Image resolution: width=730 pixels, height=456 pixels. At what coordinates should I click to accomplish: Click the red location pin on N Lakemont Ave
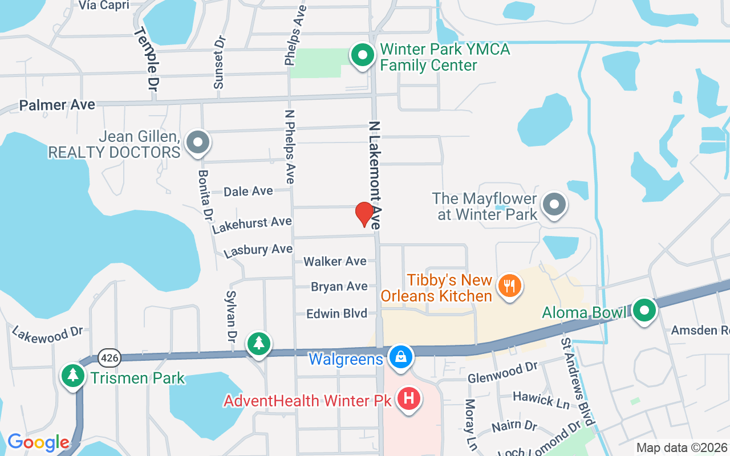click(364, 214)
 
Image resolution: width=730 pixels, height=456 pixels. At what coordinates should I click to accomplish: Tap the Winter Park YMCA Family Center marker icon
click(362, 56)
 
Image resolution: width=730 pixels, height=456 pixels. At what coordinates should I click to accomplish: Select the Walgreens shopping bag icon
click(401, 357)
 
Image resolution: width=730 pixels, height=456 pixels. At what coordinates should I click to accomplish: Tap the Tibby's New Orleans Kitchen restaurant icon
click(506, 285)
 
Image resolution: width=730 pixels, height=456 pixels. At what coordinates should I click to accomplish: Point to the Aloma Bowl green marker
click(645, 311)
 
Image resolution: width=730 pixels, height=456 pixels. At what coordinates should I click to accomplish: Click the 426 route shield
click(108, 358)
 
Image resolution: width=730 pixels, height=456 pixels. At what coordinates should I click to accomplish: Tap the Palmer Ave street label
click(57, 105)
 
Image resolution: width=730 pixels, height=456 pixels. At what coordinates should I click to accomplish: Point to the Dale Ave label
click(248, 192)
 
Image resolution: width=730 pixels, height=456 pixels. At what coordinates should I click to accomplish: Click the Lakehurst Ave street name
click(252, 224)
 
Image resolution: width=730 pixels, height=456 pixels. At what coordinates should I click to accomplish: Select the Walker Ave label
click(335, 261)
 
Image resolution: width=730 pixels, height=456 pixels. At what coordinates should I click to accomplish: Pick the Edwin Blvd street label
click(336, 313)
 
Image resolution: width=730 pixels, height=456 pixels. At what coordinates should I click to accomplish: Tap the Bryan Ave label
click(339, 286)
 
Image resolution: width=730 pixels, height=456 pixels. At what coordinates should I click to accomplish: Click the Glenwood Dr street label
click(502, 373)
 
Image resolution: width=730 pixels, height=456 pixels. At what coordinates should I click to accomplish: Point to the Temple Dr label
click(146, 59)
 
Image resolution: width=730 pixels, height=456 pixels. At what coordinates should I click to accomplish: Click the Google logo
click(38, 442)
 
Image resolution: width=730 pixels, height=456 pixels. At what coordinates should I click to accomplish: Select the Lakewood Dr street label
click(47, 334)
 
